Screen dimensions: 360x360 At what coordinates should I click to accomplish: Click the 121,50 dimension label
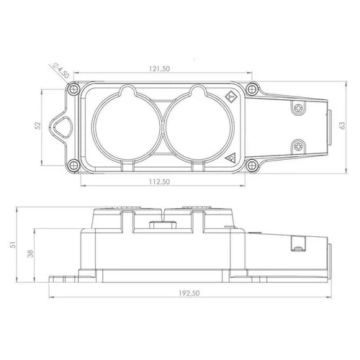click(159, 69)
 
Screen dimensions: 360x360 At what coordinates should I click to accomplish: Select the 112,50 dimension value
click(159, 181)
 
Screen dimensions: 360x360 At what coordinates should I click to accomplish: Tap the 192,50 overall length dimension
click(189, 293)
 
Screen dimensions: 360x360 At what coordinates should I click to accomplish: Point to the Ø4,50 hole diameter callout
click(61, 71)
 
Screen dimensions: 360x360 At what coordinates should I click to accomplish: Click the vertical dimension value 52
click(38, 126)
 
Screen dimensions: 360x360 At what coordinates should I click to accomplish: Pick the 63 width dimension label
click(343, 125)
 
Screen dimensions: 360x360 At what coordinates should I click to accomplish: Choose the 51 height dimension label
click(13, 245)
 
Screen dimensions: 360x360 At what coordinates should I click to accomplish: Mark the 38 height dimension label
click(30, 253)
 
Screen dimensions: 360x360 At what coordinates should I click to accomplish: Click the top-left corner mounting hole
click(73, 89)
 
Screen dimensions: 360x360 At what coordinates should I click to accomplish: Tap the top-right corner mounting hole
click(251, 89)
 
